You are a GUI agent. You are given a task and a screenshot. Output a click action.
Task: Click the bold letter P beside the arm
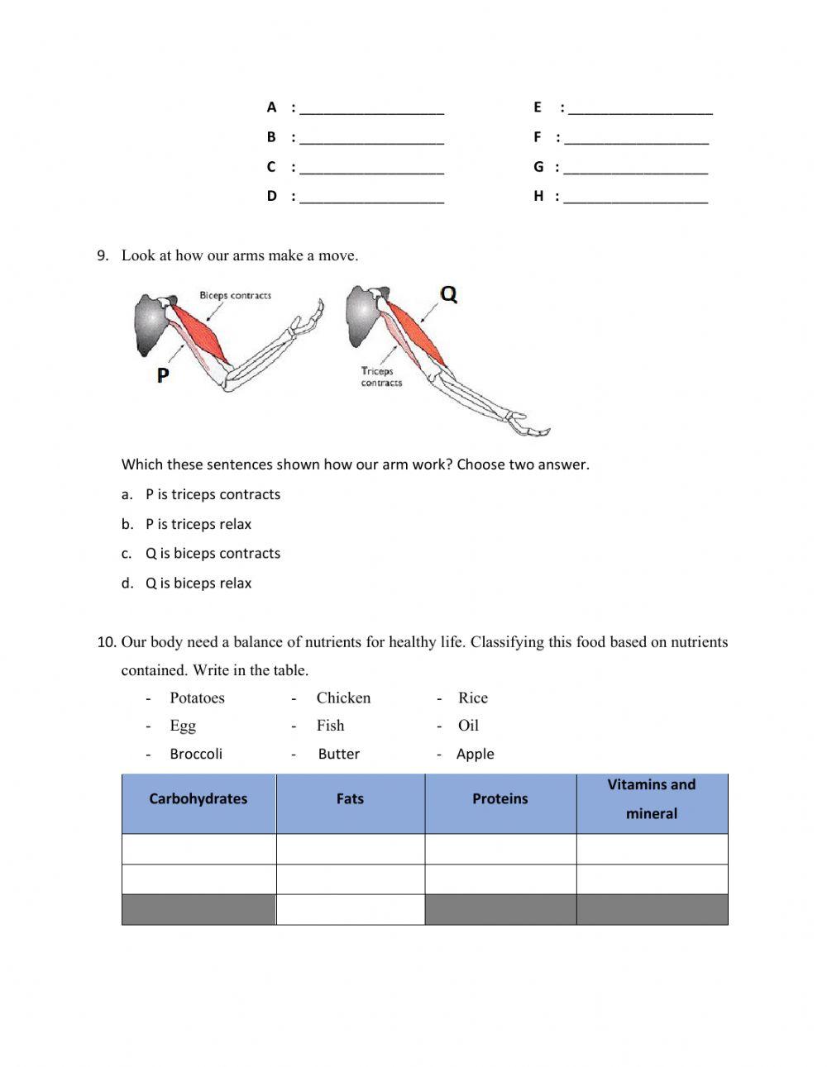(163, 375)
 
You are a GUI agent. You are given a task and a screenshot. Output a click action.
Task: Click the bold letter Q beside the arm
(447, 294)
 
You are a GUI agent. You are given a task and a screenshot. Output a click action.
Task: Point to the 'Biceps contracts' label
(235, 295)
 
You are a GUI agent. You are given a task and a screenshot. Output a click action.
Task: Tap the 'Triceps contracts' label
(380, 377)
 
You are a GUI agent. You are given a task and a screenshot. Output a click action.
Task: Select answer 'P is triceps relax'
(198, 524)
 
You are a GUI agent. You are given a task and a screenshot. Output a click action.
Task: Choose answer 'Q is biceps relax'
(198, 584)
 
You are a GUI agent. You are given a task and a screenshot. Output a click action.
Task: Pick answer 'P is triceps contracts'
(213, 494)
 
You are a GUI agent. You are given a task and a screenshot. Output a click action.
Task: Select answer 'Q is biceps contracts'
(213, 554)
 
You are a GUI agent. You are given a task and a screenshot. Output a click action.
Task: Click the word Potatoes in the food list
(197, 698)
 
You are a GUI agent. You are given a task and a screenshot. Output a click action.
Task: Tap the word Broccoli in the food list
(196, 754)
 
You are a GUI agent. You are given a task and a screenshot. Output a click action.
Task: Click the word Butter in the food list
(338, 754)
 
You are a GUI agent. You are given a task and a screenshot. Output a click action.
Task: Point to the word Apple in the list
(475, 754)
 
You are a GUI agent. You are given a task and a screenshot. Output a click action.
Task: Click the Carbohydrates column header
(198, 799)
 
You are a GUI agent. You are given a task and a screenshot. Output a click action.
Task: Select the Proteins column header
(500, 799)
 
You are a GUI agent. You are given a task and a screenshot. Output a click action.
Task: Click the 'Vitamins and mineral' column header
(652, 799)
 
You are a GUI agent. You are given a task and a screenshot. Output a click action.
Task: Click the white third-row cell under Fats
(350, 910)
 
